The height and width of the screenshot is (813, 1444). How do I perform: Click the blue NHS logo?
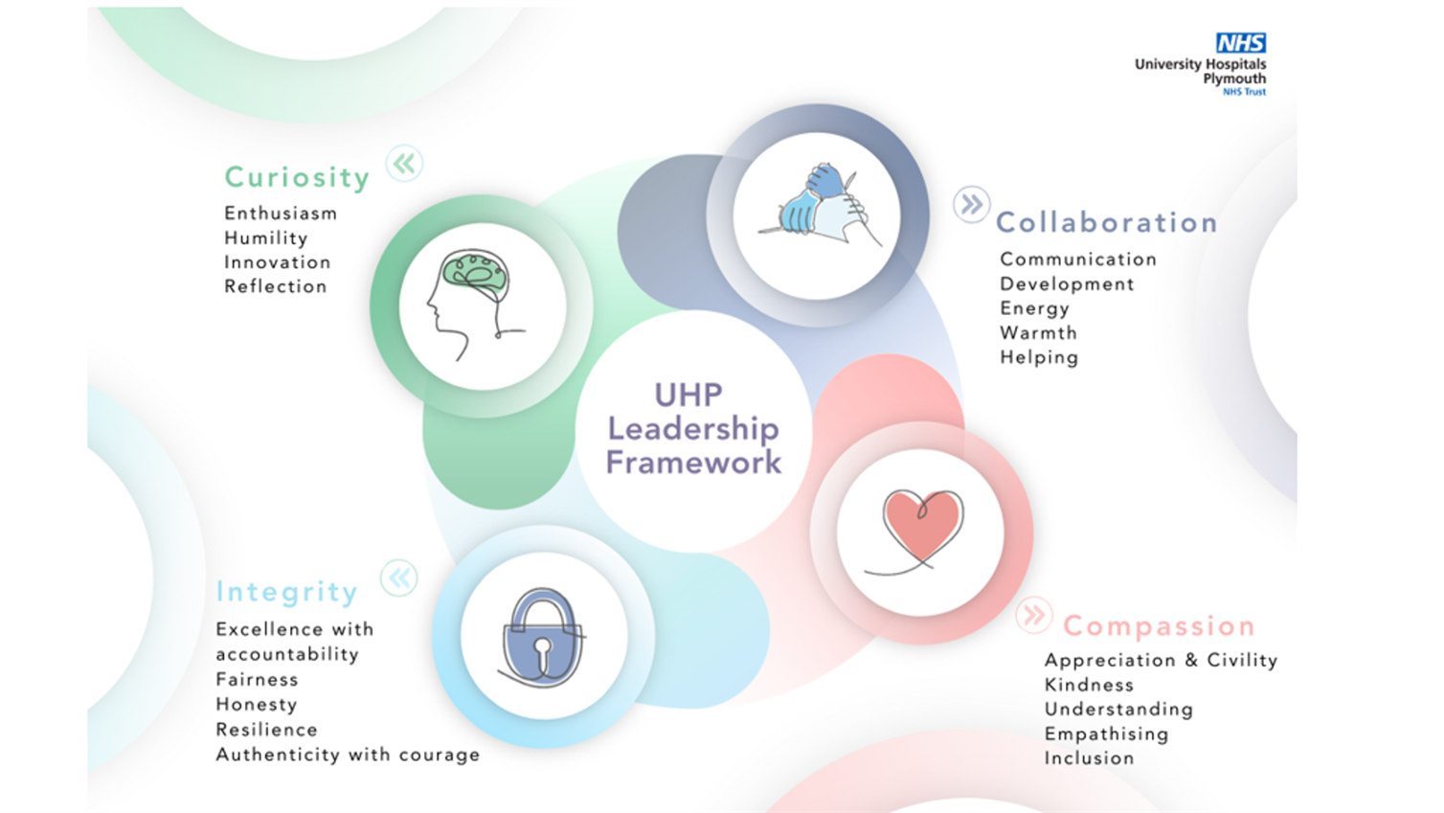(1241, 42)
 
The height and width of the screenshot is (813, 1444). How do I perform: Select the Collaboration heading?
(1107, 222)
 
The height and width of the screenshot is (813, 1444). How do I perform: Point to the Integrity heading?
(287, 592)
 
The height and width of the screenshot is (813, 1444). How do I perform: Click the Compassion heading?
(1159, 626)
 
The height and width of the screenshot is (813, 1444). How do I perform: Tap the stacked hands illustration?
(820, 204)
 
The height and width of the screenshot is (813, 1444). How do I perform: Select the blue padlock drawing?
(542, 638)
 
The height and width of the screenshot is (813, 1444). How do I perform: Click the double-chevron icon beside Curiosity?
(404, 163)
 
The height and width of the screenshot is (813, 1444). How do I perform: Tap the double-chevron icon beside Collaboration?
(972, 204)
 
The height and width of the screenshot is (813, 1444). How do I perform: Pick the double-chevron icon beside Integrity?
(399, 577)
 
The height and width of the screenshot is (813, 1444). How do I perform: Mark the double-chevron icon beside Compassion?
(1034, 615)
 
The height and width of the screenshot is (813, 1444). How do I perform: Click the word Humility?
(266, 237)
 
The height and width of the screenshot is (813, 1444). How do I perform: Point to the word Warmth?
(1039, 332)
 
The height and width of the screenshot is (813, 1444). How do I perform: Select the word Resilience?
(267, 730)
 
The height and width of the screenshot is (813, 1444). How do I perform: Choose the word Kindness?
(1089, 685)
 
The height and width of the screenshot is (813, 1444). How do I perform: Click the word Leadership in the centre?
(693, 429)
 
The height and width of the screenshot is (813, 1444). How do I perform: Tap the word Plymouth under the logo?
(1234, 79)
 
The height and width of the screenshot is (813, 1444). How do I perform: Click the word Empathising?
(1106, 734)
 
